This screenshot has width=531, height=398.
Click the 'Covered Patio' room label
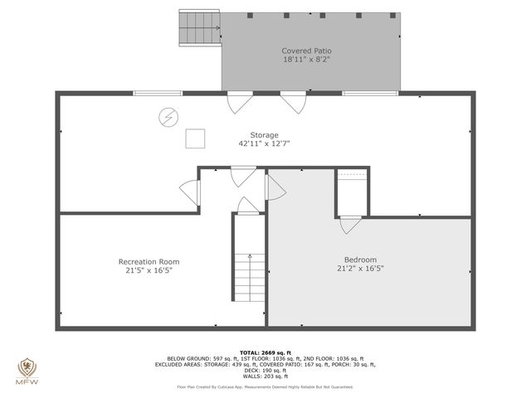coord(300,51)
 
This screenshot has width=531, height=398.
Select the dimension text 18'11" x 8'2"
coord(300,60)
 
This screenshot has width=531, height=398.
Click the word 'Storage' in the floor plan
coord(265,134)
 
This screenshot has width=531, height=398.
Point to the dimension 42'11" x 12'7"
coord(265,143)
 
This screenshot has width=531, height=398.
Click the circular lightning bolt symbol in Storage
coord(168,117)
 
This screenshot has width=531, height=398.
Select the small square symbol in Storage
coord(195,138)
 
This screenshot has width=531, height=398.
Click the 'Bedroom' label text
coord(361,259)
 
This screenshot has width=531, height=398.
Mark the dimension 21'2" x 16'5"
coord(361,268)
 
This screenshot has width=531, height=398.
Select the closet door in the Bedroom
coord(351,224)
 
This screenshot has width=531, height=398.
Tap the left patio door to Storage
coord(238,102)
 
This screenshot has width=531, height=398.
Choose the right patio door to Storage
coord(291,102)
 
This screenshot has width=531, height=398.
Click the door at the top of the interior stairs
coord(248,205)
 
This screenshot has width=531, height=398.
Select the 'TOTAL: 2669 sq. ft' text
coord(265,352)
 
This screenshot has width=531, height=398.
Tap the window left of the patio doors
coord(158,93)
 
